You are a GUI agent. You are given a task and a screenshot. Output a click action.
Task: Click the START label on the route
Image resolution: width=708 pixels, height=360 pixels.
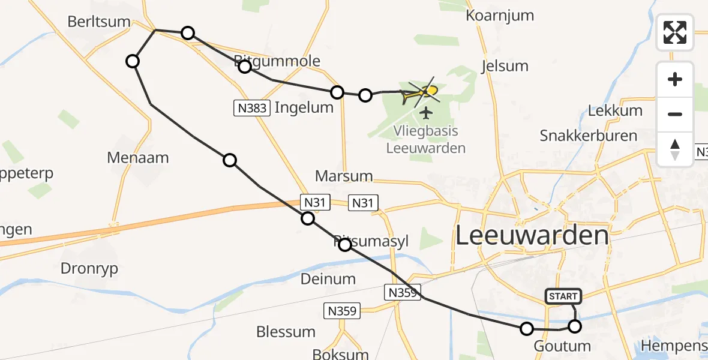point(563,296)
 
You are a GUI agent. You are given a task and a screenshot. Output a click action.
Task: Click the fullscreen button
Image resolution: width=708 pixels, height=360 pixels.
point(675,32)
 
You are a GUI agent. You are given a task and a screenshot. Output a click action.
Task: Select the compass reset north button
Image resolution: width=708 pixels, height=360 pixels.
point(675,149)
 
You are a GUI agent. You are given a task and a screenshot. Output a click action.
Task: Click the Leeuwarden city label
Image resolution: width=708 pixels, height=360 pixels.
point(532,236)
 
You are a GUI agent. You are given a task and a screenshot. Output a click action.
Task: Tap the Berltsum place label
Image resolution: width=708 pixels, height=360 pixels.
point(99,22)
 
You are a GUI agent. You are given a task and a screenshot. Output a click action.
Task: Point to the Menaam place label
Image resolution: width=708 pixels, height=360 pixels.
point(138,158)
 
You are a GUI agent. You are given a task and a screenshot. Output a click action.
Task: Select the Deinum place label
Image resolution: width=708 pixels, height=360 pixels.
point(328,279)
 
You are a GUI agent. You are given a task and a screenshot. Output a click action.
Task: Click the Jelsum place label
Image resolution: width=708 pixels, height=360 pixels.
point(505,66)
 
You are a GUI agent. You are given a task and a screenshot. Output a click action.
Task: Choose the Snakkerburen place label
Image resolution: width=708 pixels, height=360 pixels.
point(589,135)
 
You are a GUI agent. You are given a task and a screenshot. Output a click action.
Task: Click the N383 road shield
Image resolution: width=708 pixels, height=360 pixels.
point(250,109)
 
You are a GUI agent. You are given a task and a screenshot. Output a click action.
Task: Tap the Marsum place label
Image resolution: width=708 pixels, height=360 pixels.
point(344,176)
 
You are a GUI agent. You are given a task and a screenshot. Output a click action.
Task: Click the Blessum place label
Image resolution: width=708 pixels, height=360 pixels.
point(286,332)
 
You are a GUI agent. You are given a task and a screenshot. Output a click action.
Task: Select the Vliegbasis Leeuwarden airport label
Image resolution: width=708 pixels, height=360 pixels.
point(426,140)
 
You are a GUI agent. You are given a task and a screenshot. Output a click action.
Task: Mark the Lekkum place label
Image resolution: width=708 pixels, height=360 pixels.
point(615,110)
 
